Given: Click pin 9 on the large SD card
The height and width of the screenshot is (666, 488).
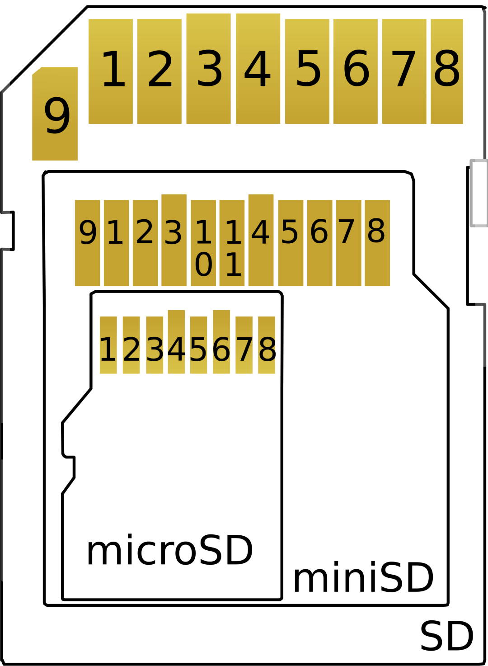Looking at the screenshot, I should tap(55, 114).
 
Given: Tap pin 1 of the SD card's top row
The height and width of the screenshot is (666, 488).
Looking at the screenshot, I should tap(111, 71).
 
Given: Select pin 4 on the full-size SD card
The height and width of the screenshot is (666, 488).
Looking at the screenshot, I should tap(258, 69).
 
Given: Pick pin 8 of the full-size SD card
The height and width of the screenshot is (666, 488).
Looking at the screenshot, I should tap(447, 71).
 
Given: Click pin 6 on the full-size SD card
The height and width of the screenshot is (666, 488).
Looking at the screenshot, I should tap(356, 71).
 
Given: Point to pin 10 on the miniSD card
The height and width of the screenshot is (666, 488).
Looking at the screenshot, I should tap(203, 243).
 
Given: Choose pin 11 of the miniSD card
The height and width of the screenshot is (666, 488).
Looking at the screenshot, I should tap(232, 243).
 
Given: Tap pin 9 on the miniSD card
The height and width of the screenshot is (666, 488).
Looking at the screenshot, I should tap(88, 243).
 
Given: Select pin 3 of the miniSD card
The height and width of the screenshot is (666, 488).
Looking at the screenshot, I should tap(174, 240).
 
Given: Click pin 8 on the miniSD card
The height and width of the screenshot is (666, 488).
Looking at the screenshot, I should tap(377, 243).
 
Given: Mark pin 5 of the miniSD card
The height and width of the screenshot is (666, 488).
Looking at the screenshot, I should tap(291, 243).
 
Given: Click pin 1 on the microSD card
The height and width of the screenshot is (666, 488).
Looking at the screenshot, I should tap(108, 345).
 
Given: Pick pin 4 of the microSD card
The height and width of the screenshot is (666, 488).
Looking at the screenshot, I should tap(176, 342).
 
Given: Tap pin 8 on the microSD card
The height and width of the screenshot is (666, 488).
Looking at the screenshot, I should tap(267, 345).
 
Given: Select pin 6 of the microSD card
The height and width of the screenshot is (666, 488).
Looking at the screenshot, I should tap(221, 342).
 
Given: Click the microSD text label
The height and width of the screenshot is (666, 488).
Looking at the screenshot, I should tap(169, 550).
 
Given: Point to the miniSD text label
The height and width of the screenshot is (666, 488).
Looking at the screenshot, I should tap(363, 578).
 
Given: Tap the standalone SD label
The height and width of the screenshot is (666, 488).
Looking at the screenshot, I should tap(446, 636).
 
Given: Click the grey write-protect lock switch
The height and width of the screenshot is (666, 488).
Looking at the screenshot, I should tap(479, 193).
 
